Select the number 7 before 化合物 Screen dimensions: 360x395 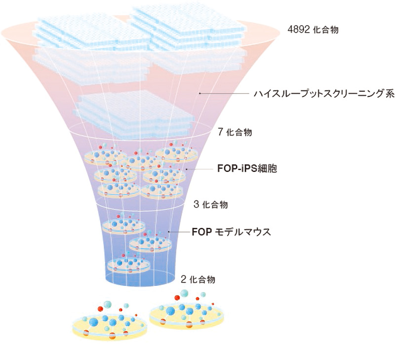point(220,132)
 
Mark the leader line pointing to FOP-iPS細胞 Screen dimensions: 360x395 point(200,169)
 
